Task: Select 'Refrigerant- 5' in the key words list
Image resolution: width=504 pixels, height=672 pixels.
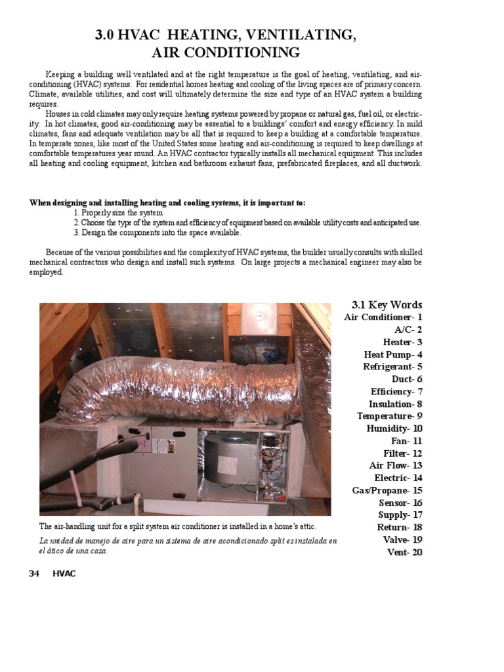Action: point(392,367)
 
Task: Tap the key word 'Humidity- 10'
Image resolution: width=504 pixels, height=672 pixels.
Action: point(394,429)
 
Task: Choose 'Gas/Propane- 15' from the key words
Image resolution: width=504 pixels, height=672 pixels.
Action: point(387,490)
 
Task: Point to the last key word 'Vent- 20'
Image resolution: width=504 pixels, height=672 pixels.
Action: point(405,552)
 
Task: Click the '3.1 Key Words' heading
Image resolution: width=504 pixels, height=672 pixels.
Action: point(387,304)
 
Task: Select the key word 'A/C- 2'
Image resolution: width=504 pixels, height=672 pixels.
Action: point(408,329)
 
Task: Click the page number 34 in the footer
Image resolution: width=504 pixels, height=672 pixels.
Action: point(34,574)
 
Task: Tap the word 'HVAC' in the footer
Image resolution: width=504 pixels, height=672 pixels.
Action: point(64,574)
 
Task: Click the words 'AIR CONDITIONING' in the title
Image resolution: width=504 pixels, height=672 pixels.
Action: point(226,52)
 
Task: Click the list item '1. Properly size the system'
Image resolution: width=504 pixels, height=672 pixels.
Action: point(118,213)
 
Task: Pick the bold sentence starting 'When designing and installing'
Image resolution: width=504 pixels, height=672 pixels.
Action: point(167,203)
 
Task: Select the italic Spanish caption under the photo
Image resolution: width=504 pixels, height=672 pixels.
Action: point(188,545)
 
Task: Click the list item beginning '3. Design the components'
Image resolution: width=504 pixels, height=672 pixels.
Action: point(157,232)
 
